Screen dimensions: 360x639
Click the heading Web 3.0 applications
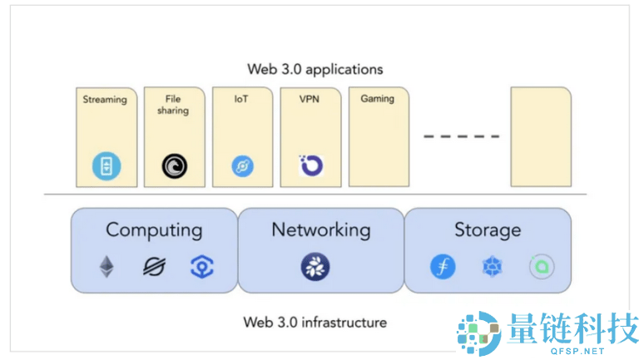click(315, 69)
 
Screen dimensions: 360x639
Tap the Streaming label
click(105, 100)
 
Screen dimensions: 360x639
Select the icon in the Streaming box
click(106, 167)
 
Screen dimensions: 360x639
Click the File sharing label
click(172, 105)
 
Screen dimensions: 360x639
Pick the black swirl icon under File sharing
click(174, 167)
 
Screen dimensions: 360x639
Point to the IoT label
click(241, 99)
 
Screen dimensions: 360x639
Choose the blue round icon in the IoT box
click(242, 167)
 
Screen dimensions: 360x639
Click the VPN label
click(310, 99)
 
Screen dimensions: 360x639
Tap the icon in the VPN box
click(310, 165)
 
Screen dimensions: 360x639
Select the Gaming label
click(377, 99)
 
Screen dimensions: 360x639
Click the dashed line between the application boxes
click(462, 136)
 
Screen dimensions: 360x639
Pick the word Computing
click(154, 230)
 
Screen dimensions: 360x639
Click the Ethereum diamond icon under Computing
click(106, 267)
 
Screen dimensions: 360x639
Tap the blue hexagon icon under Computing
click(201, 267)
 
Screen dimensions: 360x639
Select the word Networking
click(320, 230)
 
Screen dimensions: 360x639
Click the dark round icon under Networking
click(315, 267)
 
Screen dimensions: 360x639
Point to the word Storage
click(488, 230)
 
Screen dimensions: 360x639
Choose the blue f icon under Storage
click(443, 267)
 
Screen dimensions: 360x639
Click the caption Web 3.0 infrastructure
click(315, 321)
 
